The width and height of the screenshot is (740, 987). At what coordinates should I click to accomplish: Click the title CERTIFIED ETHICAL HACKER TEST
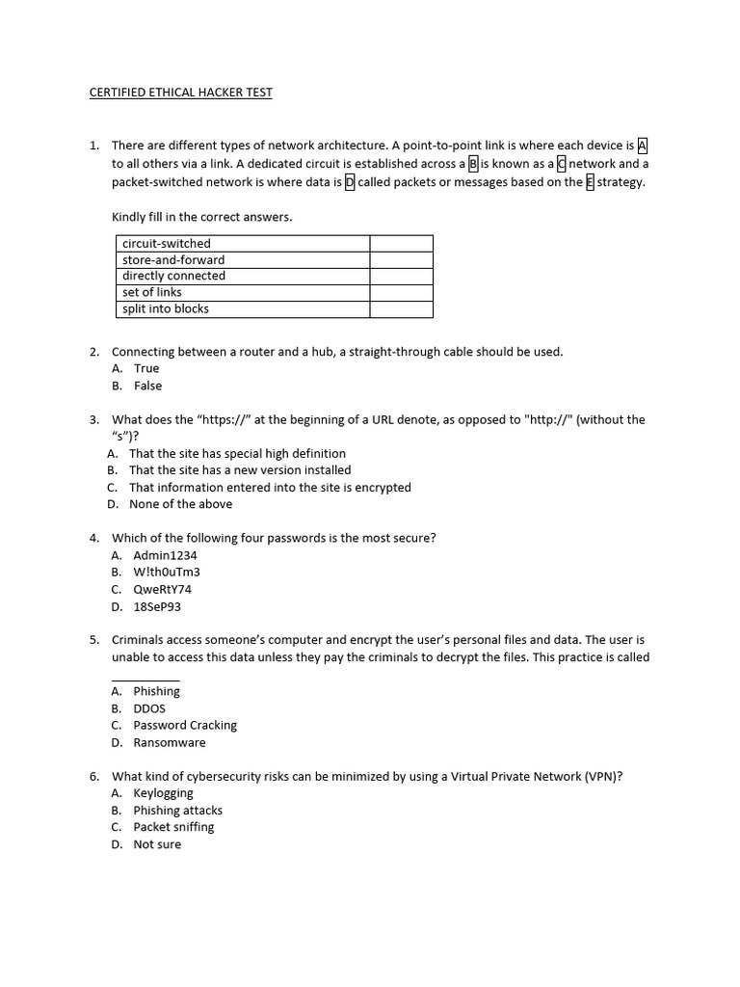click(x=181, y=93)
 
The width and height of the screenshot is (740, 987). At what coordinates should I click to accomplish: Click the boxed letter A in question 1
click(x=643, y=146)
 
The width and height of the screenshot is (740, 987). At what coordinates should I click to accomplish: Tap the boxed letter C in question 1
click(x=562, y=164)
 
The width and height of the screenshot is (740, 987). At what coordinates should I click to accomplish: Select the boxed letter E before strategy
click(x=590, y=182)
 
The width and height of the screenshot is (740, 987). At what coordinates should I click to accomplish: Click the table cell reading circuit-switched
click(x=166, y=244)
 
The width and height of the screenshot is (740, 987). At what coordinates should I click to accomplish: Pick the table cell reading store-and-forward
click(x=173, y=260)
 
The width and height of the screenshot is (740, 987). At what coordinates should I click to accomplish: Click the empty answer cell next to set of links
click(x=401, y=293)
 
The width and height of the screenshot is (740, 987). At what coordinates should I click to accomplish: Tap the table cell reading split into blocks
click(x=166, y=309)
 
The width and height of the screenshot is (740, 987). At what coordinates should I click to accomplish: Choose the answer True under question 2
click(x=146, y=369)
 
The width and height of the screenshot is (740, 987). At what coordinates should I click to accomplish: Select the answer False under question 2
click(x=147, y=387)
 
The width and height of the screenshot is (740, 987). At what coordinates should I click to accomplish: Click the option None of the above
click(x=180, y=504)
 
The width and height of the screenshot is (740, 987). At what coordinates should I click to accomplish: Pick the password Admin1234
click(x=165, y=555)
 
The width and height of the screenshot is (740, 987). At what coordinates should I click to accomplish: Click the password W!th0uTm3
click(x=167, y=573)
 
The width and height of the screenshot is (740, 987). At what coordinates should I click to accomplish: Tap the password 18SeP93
click(x=157, y=607)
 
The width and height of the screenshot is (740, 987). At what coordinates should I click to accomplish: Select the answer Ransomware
click(x=170, y=743)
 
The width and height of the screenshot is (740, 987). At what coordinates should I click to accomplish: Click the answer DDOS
click(x=149, y=708)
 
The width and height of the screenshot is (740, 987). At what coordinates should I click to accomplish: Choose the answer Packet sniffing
click(x=173, y=827)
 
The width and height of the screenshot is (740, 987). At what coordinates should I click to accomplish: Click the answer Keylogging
click(x=163, y=793)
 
